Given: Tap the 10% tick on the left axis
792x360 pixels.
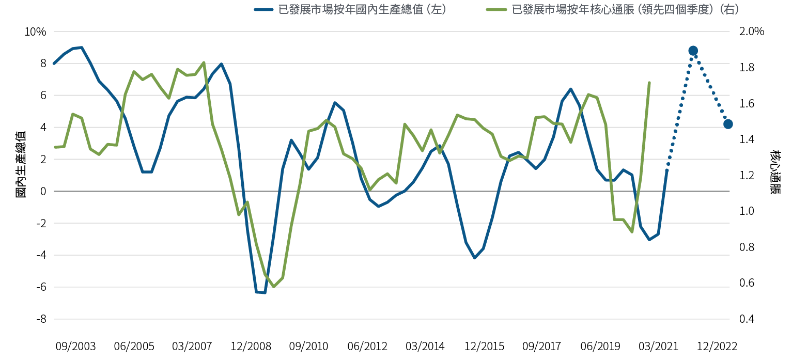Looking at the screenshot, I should point(36,32).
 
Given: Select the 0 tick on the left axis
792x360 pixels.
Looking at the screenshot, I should point(43,192).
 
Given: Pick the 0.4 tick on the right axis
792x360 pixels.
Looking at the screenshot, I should point(748,319).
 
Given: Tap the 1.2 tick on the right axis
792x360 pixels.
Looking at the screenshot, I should point(748,176).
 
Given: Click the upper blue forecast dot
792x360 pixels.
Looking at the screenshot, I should point(693,51).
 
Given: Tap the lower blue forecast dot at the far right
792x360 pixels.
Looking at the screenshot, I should point(728,124).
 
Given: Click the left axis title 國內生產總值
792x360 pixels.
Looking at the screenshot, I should point(20,164).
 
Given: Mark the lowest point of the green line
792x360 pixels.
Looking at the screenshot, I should point(274,287).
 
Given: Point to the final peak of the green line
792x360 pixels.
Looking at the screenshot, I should point(649,82).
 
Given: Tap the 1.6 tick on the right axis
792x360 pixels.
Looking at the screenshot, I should point(748,104).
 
